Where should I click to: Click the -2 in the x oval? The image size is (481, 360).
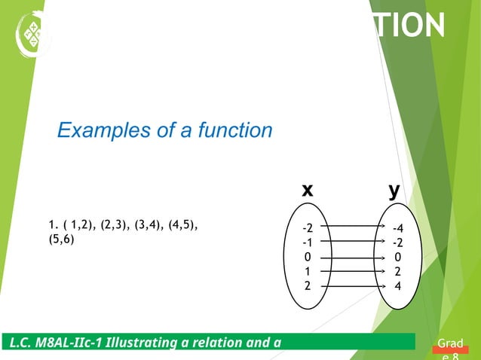pos(307,228)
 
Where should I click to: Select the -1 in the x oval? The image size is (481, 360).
pos(307,243)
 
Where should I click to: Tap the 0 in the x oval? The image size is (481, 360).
pos(307,257)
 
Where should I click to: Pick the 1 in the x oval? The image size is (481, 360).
pos(307,271)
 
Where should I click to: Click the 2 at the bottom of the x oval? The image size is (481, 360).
pos(307,286)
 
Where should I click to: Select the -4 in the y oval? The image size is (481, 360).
pos(397,228)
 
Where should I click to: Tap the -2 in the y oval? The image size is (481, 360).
pos(397,243)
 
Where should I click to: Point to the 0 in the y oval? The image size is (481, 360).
pos(397,257)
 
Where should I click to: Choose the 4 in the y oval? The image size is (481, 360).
pos(397,286)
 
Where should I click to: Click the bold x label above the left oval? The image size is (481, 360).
pos(307,191)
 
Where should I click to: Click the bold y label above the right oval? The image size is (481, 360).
pos(394,191)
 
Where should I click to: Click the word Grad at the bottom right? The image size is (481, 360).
pos(451,346)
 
